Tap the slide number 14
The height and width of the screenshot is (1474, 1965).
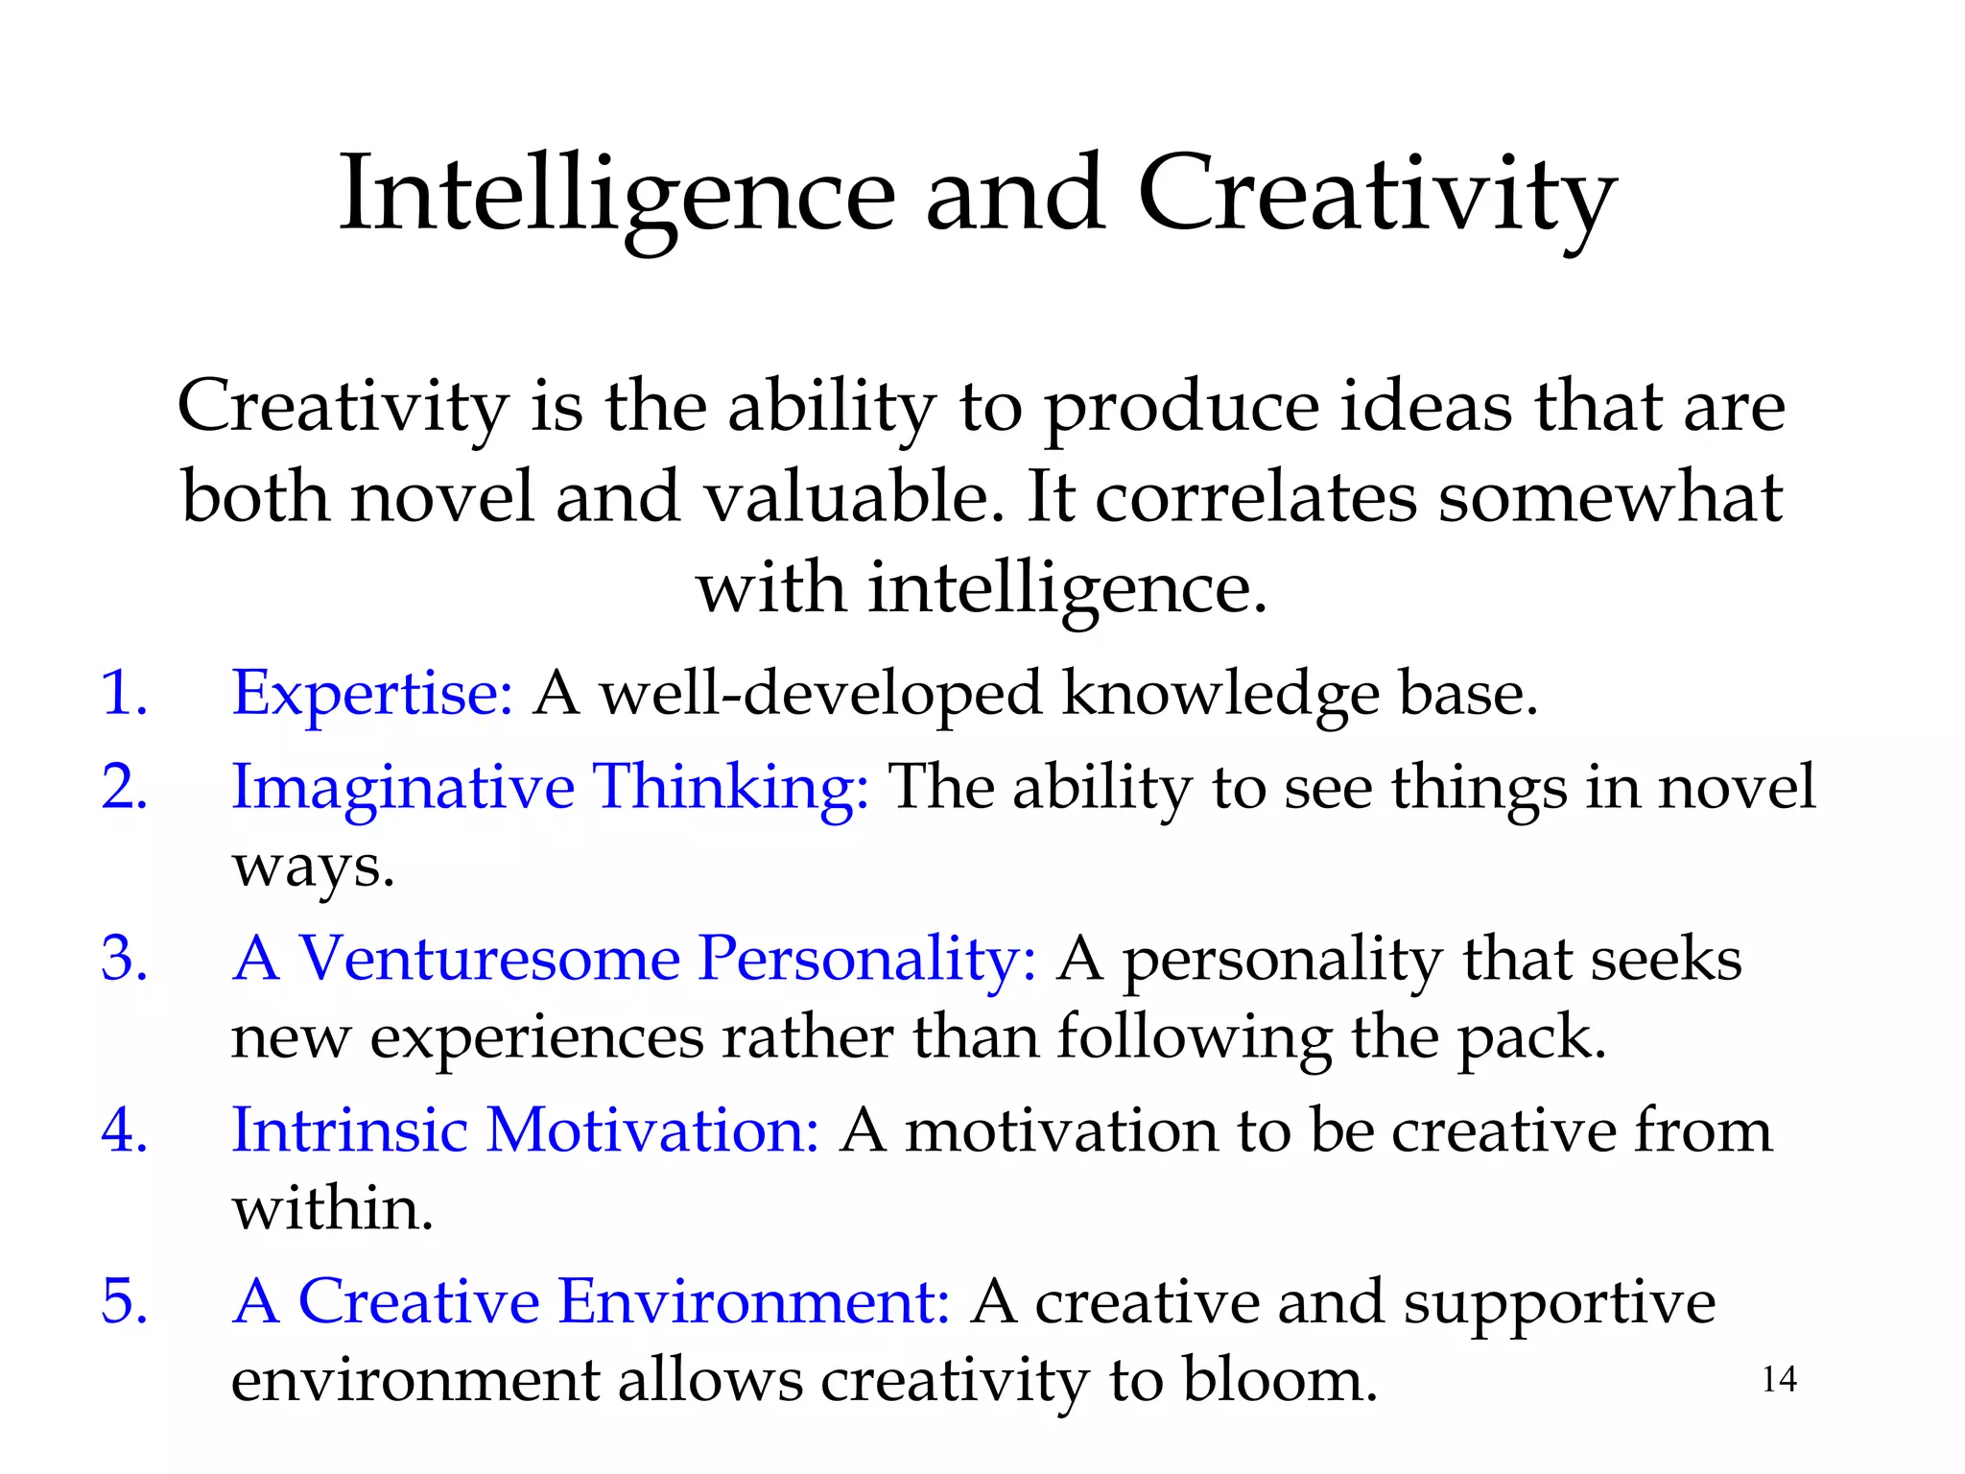point(1779,1379)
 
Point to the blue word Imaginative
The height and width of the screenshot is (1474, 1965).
point(403,787)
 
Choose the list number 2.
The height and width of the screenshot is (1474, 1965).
point(124,787)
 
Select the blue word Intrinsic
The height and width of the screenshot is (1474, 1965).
point(349,1129)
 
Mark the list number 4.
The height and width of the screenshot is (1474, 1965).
point(124,1129)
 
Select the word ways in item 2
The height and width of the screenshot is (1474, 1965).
point(313,866)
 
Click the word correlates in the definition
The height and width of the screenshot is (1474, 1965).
point(1256,497)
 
